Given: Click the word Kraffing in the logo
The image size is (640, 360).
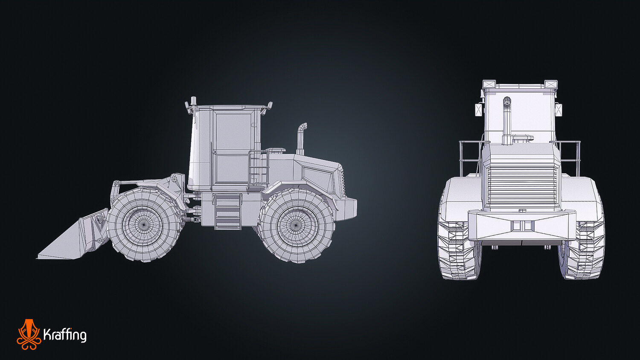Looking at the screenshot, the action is click(x=65, y=335).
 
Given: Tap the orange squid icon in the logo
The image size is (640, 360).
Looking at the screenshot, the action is click(x=29, y=334).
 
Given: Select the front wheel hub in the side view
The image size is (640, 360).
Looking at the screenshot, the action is click(x=143, y=225).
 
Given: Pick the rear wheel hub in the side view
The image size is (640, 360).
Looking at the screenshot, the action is click(x=296, y=225).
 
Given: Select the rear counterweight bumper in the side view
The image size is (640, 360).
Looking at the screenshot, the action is click(x=346, y=209).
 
